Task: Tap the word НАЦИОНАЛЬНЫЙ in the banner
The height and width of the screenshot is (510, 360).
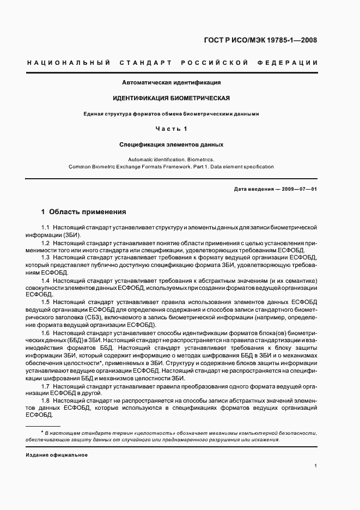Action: coord(65,63)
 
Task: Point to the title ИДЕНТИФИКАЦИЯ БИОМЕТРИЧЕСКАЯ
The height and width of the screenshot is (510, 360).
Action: coord(171,98)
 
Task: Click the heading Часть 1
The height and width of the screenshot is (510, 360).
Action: coord(171,129)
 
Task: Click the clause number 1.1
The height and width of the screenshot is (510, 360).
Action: coord(46,227)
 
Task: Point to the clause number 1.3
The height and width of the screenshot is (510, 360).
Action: coord(46,257)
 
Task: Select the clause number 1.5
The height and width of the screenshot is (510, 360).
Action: coord(46,302)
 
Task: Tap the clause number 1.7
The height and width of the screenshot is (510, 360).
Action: coord(46,385)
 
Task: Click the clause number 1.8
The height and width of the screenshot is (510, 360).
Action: coord(46,400)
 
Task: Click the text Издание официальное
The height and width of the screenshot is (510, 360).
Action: coord(57,454)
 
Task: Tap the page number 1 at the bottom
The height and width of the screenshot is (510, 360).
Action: coord(316,466)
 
